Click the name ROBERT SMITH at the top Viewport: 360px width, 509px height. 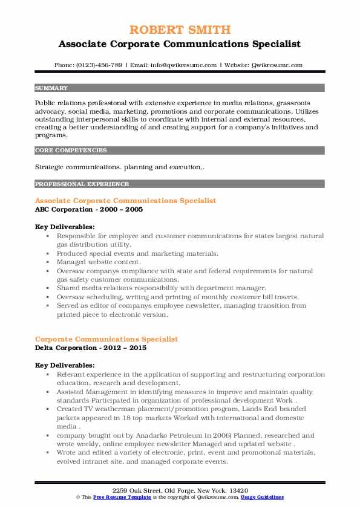click(180, 30)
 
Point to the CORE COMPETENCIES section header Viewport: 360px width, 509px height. click(71, 150)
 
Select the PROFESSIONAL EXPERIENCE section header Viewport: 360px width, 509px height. click(82, 184)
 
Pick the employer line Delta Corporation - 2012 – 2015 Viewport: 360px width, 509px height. click(91, 348)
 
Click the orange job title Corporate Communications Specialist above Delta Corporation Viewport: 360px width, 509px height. click(106, 339)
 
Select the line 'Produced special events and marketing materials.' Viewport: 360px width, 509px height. click(137, 254)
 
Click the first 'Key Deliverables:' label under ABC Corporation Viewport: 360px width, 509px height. click(64, 227)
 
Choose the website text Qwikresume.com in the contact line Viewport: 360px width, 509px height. click(278, 65)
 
